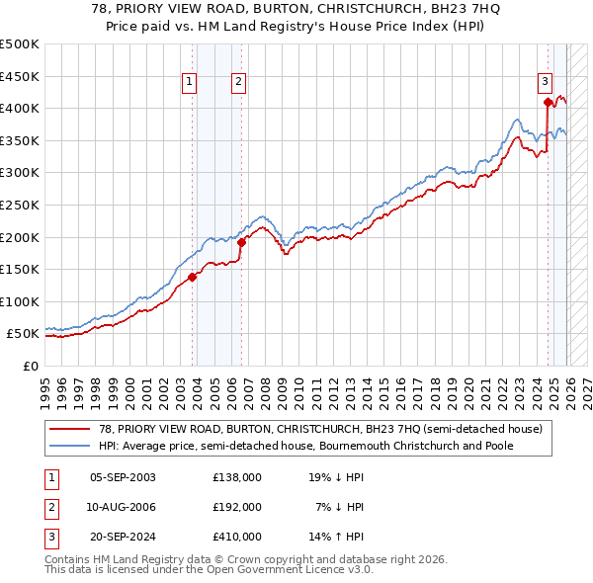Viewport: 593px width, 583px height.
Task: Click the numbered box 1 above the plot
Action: point(190,83)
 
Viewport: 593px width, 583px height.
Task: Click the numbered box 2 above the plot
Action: point(239,83)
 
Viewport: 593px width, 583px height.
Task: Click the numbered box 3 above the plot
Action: point(545,83)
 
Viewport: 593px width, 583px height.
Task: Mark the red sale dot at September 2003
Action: point(192,277)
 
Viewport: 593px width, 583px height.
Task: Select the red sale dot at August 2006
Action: point(241,242)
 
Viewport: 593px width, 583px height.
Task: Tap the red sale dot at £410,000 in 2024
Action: point(548,101)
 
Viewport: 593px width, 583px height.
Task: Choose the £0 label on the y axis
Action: point(30,366)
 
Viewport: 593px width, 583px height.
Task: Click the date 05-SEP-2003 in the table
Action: point(123,477)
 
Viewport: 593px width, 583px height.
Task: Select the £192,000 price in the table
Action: point(237,507)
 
